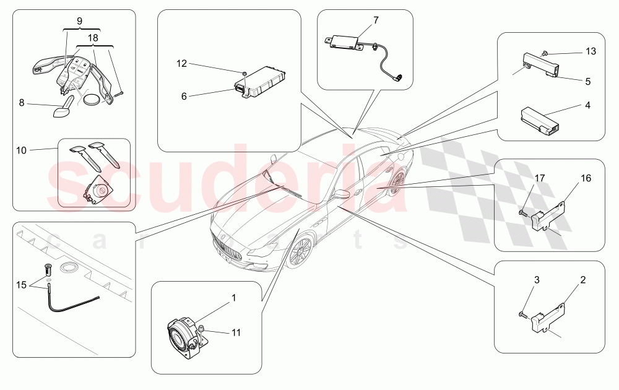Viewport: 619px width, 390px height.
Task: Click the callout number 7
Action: (375, 20)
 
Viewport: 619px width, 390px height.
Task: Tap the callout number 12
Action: (181, 63)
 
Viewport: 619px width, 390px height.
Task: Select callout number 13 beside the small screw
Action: (591, 51)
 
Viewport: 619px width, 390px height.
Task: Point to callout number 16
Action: (586, 178)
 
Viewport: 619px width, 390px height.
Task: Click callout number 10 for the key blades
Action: (22, 150)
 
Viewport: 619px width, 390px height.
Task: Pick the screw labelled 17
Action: (524, 213)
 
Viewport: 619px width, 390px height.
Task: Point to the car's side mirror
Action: (340, 194)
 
